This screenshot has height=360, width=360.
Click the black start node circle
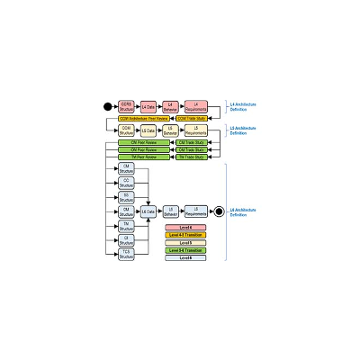coord(108,107)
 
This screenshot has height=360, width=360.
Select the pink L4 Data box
coord(148,107)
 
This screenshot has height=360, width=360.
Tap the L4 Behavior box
coord(171,107)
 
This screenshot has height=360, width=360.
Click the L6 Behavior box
coord(171,211)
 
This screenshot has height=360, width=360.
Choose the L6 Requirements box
coord(195,211)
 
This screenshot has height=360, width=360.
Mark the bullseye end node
coord(217,211)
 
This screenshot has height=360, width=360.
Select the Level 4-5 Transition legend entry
coord(185,236)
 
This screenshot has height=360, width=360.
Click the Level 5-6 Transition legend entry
coord(185,250)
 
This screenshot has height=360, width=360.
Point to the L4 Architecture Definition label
coord(243,107)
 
